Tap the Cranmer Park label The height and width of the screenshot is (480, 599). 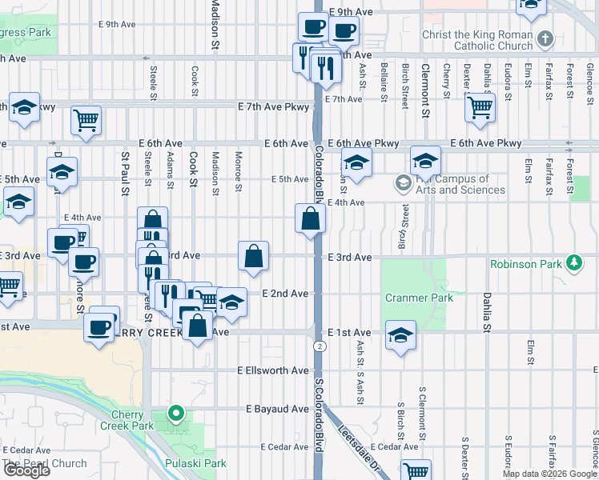(419, 298)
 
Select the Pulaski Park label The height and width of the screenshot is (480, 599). (195, 463)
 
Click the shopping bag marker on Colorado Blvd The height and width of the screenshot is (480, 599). (310, 218)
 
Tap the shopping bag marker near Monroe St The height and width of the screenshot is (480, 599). (253, 257)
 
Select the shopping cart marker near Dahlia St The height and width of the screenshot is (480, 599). (479, 107)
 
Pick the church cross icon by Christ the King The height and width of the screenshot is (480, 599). (545, 38)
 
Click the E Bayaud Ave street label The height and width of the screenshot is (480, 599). (277, 409)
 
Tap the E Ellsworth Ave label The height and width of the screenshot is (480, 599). (273, 370)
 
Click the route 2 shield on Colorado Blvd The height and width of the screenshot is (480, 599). (320, 346)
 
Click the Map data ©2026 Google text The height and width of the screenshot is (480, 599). (549, 474)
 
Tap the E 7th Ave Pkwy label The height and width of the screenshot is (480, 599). (273, 106)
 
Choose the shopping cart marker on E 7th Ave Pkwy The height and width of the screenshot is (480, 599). (86, 120)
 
